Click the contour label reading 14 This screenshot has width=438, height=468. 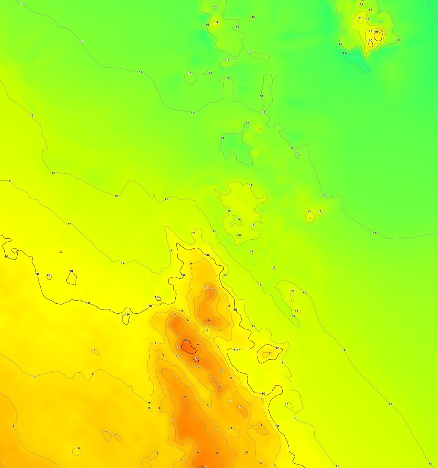pos(344,53)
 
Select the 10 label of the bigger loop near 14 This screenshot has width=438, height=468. pos(376,32)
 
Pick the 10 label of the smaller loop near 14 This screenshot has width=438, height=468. pos(370,40)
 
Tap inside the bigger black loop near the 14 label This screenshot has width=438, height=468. pos(379,36)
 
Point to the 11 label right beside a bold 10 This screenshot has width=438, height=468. pos(370,31)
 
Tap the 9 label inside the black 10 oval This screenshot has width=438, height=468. pos(269,353)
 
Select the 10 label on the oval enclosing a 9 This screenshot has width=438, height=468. pos(277,348)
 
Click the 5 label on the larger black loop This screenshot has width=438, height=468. pos(186,341)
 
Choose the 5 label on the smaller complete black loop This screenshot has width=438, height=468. pos(196,358)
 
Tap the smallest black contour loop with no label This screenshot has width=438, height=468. pos(61,251)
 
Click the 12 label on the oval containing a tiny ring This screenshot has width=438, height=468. pos(309,211)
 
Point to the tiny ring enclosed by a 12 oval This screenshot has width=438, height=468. pos(309,218)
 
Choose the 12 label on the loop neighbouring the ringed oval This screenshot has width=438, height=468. pos(319,211)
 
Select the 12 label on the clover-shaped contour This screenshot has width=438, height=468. pos(238,218)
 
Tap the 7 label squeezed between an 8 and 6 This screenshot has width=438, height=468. pos(208,289)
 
